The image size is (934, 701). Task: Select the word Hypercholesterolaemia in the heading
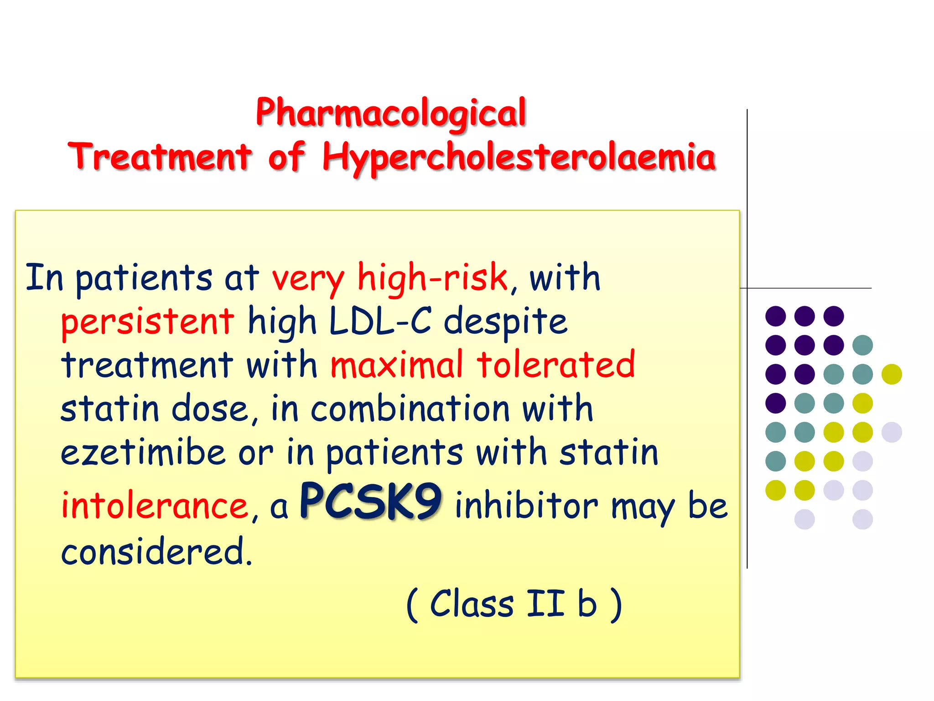519,157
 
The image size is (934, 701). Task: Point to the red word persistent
147,321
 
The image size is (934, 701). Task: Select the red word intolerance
155,506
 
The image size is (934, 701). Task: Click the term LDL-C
380,321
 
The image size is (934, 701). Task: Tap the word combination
410,408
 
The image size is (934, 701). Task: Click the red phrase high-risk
432,277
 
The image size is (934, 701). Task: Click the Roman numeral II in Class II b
545,603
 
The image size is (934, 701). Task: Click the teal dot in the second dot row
862,345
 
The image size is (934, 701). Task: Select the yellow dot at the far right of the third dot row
892,374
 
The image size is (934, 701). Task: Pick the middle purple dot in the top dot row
804,316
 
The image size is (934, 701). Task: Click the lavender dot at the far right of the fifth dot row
892,432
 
